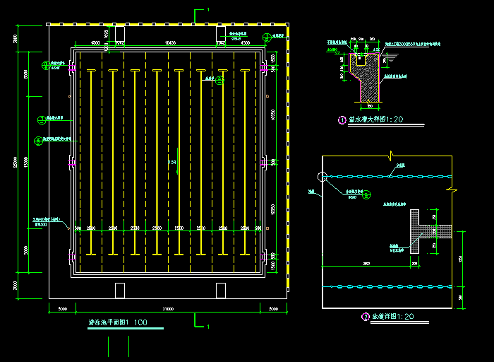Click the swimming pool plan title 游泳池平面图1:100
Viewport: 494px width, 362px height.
click(x=118, y=322)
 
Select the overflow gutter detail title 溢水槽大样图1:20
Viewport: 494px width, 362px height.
click(x=376, y=119)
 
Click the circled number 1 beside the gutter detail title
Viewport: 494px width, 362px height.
click(x=342, y=120)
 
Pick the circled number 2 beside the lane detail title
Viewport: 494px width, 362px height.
click(x=366, y=317)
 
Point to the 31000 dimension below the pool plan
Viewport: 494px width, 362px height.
click(x=168, y=308)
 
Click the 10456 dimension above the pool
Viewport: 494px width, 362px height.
click(x=170, y=43)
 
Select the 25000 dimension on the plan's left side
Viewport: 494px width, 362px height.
click(x=16, y=162)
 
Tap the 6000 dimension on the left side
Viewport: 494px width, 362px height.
click(x=25, y=74)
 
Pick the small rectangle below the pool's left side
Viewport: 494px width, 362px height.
click(x=119, y=290)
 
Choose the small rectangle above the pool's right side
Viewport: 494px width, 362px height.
click(x=221, y=33)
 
